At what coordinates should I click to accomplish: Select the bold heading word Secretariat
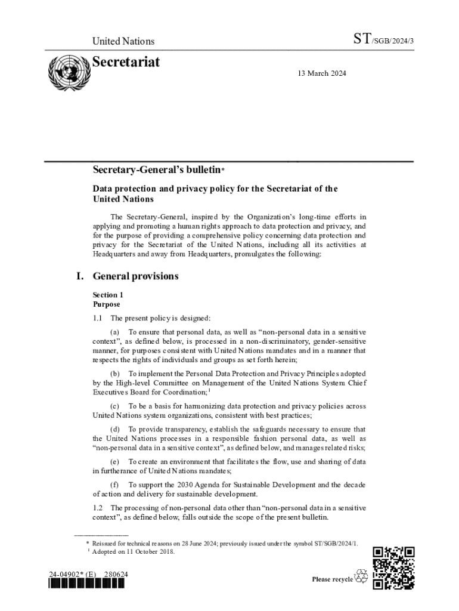click(x=126, y=62)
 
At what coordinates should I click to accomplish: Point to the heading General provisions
click(x=135, y=276)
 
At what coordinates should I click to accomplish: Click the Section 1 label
click(x=108, y=295)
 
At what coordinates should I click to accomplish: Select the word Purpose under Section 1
click(x=106, y=304)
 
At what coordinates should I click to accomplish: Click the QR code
click(x=393, y=568)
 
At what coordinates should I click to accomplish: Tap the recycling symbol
click(x=361, y=576)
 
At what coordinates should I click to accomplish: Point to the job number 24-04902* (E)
click(x=73, y=575)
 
